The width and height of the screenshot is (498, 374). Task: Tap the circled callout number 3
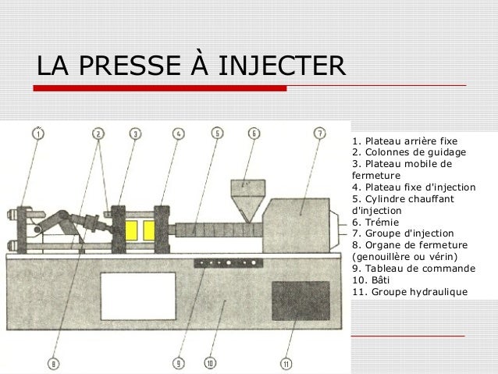tap(135, 134)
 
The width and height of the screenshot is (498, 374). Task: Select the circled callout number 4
tap(178, 134)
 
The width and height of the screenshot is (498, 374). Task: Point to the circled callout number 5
tap(216, 134)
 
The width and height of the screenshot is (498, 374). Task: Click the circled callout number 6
tap(254, 134)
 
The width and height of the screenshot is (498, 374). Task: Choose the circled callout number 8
tap(53, 362)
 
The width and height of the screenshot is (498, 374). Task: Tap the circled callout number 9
tap(178, 362)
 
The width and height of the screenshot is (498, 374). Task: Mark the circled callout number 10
tap(211, 362)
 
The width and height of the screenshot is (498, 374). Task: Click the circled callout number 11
tap(286, 362)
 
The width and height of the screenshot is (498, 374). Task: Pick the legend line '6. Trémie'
tap(375, 221)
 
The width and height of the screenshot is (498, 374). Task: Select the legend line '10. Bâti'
tap(373, 280)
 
